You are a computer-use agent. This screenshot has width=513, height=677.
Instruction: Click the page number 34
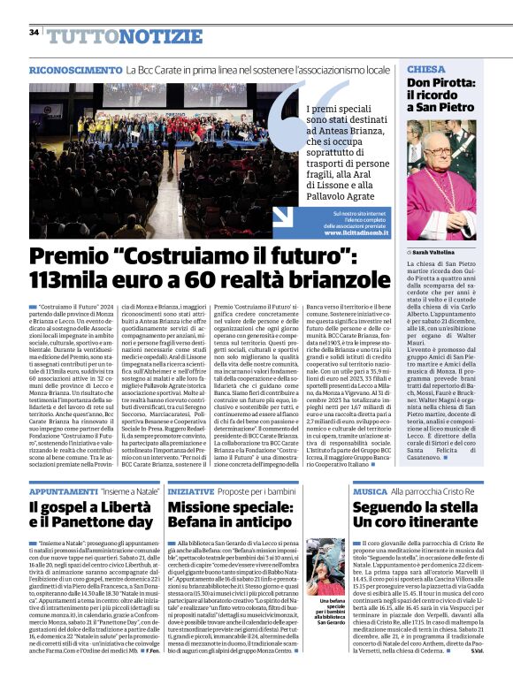click(x=34, y=32)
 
